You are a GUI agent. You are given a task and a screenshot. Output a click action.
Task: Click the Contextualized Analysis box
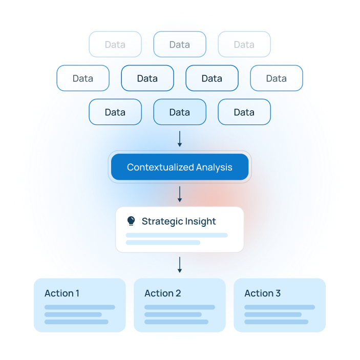(x=180, y=167)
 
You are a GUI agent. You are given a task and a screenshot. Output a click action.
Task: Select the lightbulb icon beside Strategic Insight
(x=131, y=221)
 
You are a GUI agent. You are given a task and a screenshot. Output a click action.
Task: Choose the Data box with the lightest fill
(x=180, y=112)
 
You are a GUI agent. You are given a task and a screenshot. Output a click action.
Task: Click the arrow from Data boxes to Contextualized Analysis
(x=180, y=139)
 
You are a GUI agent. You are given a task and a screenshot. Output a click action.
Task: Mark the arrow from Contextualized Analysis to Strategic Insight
(x=180, y=194)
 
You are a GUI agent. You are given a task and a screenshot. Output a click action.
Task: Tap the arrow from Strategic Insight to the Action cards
(x=180, y=264)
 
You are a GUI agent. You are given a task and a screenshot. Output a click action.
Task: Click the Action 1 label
(x=62, y=293)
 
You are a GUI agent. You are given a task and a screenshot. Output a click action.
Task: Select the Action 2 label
(x=162, y=293)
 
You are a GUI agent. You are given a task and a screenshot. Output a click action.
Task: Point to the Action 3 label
(x=262, y=293)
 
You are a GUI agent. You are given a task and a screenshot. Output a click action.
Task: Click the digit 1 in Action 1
(x=77, y=293)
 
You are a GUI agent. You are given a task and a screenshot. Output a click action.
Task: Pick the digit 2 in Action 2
(x=178, y=293)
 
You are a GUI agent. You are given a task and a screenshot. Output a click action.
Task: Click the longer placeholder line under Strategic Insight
(x=177, y=236)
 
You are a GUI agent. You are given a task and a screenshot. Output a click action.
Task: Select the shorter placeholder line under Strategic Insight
(x=163, y=242)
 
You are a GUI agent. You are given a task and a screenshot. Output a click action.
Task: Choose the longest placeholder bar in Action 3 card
(x=280, y=307)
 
